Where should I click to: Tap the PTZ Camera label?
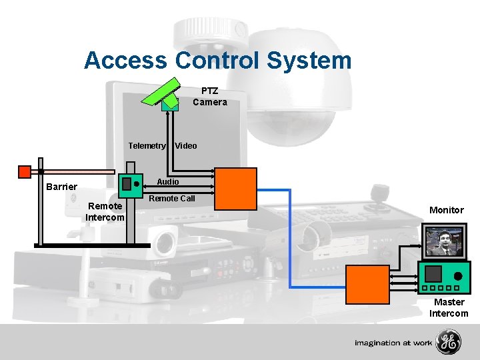(x=209, y=97)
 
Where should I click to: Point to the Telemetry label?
(x=147, y=146)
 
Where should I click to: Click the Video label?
(x=186, y=146)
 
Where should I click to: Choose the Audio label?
(x=167, y=182)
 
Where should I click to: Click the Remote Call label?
(x=172, y=199)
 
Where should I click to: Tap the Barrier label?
(x=61, y=187)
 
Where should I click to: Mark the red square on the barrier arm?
(x=25, y=172)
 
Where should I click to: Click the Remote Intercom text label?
(x=105, y=212)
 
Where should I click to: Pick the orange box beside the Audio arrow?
(x=235, y=189)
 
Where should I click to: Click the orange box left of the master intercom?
(x=367, y=285)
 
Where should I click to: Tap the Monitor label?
(x=446, y=210)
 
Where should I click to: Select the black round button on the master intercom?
(x=458, y=275)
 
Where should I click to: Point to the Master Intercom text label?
(x=449, y=308)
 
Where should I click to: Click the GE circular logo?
(x=448, y=343)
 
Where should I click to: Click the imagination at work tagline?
(x=393, y=343)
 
